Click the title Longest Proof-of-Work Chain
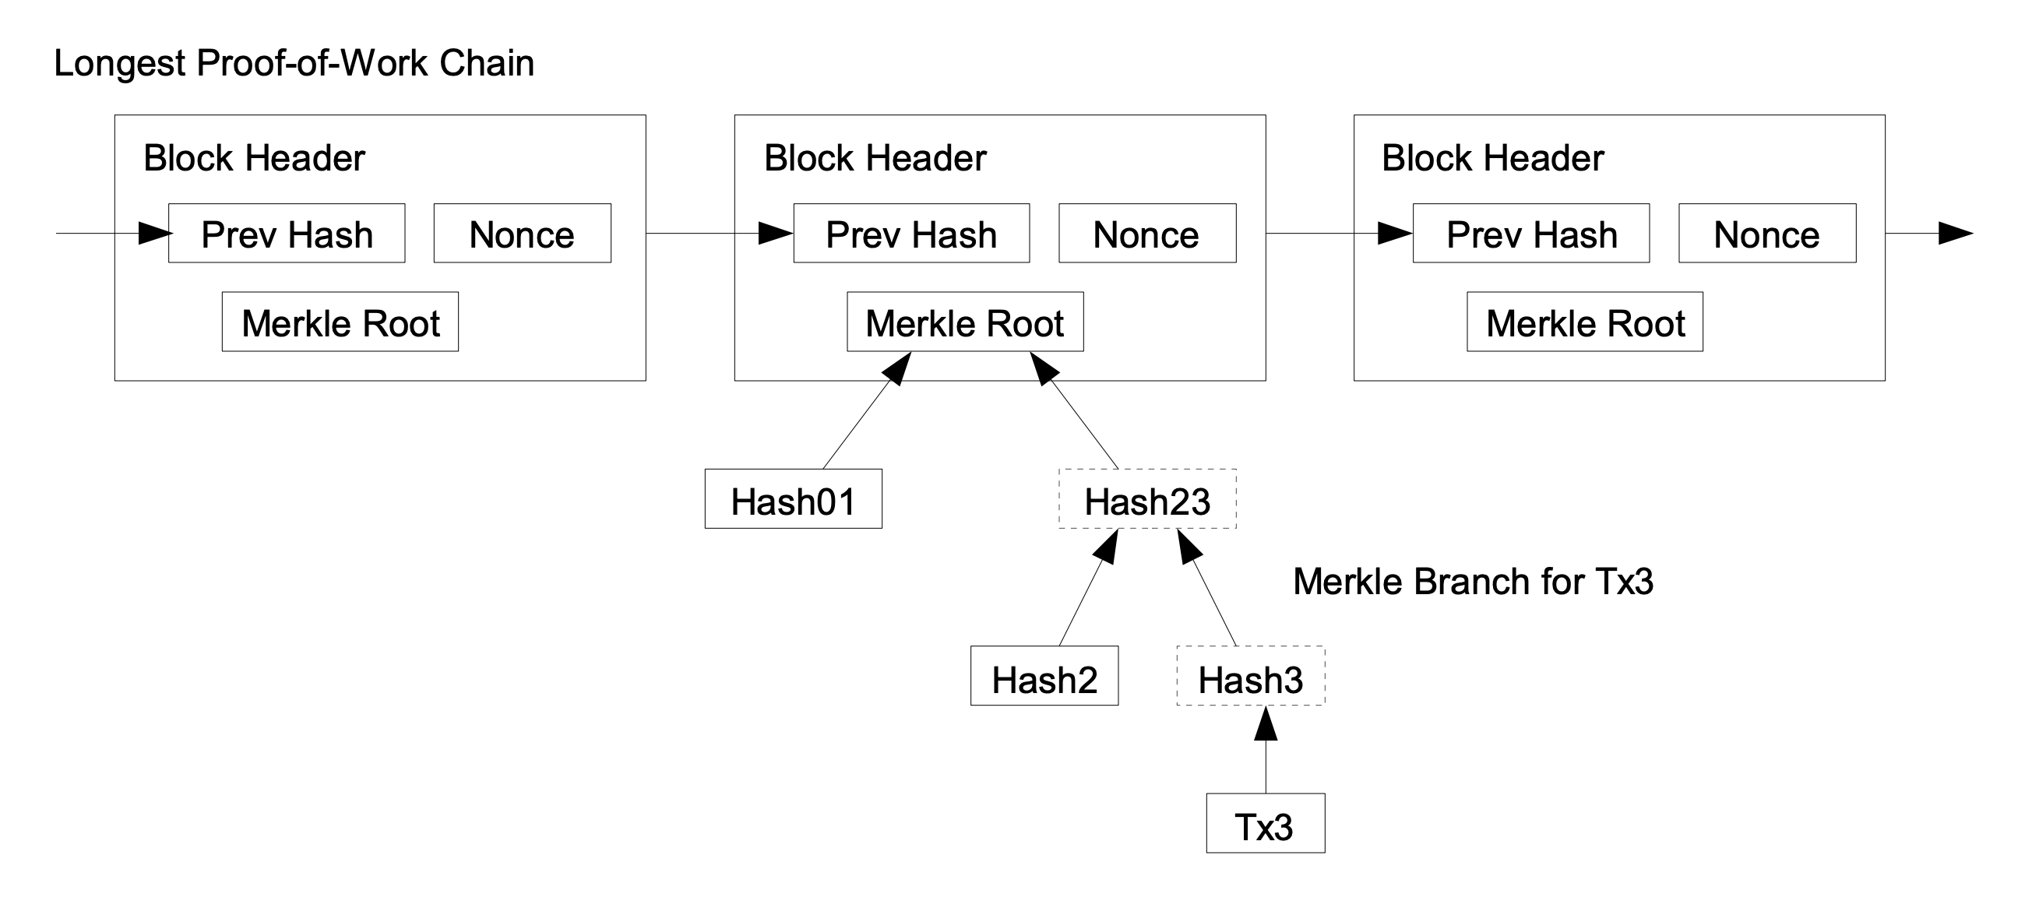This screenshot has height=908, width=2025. tap(293, 64)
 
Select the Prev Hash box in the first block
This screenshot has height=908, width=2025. tap(287, 234)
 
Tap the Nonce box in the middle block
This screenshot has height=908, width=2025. tap(1147, 234)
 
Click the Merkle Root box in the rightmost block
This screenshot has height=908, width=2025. tap(1585, 322)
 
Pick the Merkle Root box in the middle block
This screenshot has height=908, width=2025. tap(964, 322)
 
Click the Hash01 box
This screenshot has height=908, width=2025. tap(793, 500)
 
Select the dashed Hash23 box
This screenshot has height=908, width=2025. tap(1147, 500)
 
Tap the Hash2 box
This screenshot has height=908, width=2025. tap(1044, 677)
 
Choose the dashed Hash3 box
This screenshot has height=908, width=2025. tap(1250, 677)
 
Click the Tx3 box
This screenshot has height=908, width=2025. tap(1265, 824)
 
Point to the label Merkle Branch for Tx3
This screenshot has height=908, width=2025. tap(1473, 582)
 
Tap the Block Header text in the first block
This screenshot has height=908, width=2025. tap(254, 158)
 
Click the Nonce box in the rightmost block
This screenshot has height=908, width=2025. tap(1767, 234)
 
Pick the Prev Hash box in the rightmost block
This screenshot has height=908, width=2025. tap(1530, 234)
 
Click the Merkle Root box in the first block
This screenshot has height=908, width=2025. tap(340, 322)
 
